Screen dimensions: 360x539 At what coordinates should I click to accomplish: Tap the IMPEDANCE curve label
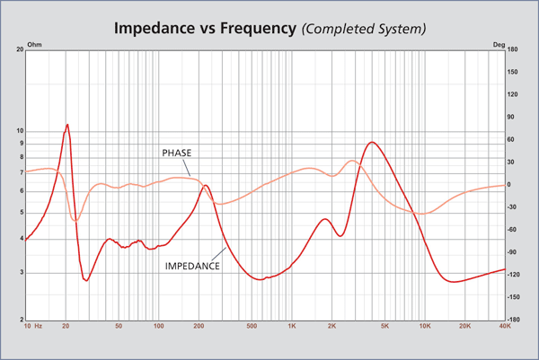(x=193, y=267)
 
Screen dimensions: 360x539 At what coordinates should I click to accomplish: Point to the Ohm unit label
(x=35, y=43)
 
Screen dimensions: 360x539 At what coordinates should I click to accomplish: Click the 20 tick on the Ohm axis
(x=20, y=50)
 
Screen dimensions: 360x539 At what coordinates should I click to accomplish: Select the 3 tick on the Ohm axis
(x=22, y=273)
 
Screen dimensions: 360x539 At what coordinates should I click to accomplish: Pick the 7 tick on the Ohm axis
(x=22, y=171)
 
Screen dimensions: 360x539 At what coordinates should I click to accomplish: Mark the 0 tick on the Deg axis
(x=509, y=185)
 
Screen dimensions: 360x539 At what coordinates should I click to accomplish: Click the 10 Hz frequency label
(x=33, y=327)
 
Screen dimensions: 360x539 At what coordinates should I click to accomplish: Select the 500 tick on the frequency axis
(x=251, y=327)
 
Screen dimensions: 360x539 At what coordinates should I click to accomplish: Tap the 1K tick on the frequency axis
(x=290, y=327)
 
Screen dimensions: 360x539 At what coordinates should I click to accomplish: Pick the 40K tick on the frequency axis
(x=504, y=327)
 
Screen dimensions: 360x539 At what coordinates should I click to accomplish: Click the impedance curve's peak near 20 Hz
(x=67, y=125)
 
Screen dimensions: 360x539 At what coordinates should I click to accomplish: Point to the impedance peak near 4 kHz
(x=371, y=142)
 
